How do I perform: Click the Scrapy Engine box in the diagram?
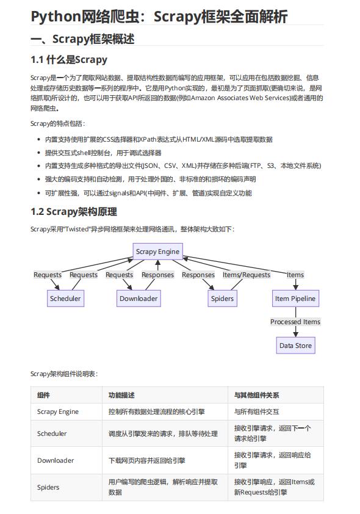(x=157, y=251)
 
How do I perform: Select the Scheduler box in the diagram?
(x=65, y=299)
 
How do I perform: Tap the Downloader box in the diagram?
(x=139, y=299)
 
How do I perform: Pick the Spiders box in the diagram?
(x=222, y=299)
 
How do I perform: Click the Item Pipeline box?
(x=295, y=299)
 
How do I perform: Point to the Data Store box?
(x=295, y=346)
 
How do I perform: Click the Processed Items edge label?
(x=295, y=322)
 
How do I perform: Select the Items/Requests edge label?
(x=246, y=275)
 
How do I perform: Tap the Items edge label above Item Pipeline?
(x=295, y=275)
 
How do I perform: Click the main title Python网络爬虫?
(x=159, y=16)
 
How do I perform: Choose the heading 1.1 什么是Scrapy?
(x=69, y=59)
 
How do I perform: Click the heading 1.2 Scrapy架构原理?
(x=74, y=212)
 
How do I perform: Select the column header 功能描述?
(x=121, y=395)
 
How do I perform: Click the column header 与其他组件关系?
(x=257, y=395)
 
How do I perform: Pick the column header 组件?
(x=44, y=395)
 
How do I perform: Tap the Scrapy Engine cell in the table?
(x=58, y=411)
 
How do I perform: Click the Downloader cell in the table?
(x=56, y=460)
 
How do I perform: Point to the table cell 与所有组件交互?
(x=257, y=411)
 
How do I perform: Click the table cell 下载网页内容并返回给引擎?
(x=147, y=460)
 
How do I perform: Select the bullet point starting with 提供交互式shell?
(x=103, y=152)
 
